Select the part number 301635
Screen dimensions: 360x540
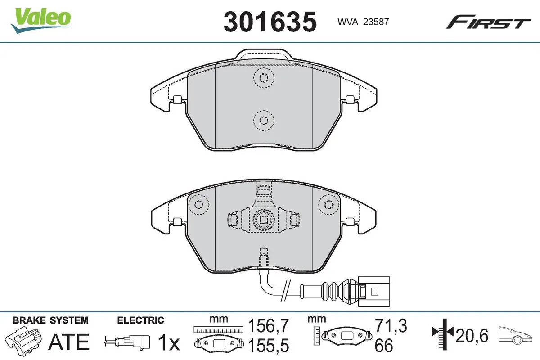tap(270, 21)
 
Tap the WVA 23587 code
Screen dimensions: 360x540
tap(358, 21)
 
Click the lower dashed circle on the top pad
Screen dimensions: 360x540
tap(264, 120)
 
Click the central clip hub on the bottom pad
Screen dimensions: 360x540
tap(263, 220)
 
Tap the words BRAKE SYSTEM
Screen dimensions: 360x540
tap(50, 320)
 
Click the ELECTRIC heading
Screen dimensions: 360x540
tap(140, 320)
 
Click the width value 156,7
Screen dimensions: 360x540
tap(269, 325)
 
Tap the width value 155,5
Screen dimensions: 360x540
tap(269, 346)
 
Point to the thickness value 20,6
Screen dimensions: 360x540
tap(473, 336)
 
